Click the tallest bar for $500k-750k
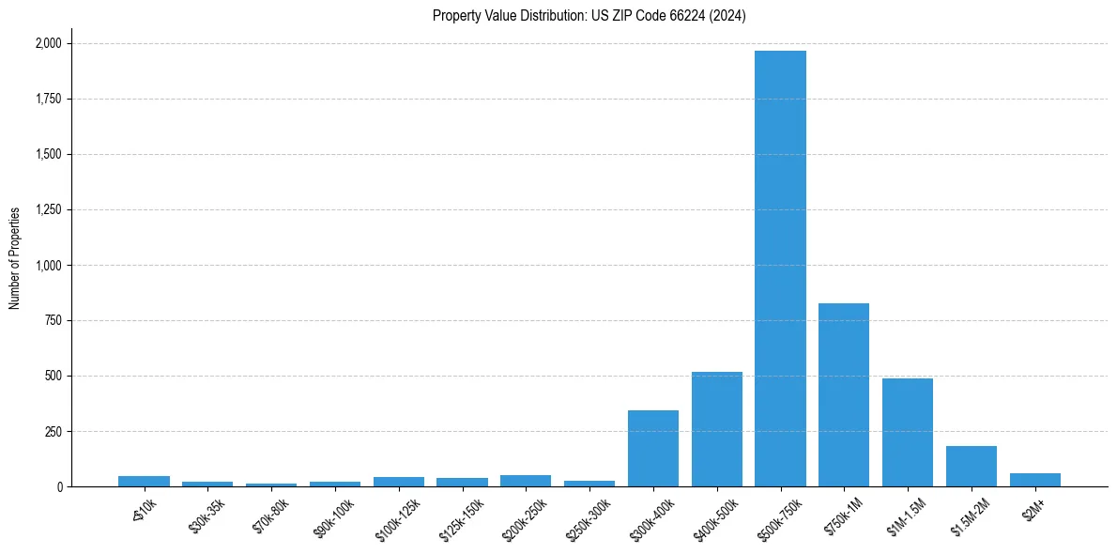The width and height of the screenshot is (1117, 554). click(780, 269)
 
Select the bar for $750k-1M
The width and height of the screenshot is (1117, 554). click(844, 394)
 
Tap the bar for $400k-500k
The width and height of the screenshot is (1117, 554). click(716, 429)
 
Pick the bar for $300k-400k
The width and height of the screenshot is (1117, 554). click(653, 448)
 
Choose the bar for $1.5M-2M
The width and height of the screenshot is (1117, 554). click(971, 467)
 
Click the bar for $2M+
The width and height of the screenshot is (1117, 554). click(1034, 480)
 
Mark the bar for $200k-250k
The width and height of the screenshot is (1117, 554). click(526, 481)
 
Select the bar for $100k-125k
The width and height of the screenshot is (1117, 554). click(398, 482)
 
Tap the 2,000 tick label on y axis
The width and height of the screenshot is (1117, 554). click(49, 43)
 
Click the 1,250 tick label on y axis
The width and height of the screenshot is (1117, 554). click(49, 209)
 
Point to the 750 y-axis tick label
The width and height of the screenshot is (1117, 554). click(54, 320)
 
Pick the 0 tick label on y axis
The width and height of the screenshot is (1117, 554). click(59, 486)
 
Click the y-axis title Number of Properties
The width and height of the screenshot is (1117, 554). click(15, 257)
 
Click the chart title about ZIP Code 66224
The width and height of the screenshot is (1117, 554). click(589, 16)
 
